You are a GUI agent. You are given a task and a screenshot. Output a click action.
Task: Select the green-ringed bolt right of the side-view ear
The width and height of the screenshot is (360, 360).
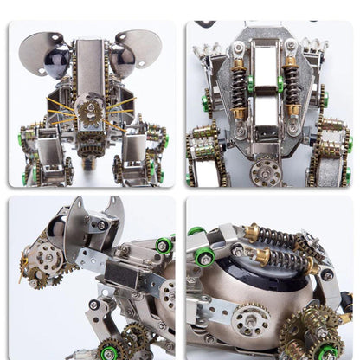point(162,246)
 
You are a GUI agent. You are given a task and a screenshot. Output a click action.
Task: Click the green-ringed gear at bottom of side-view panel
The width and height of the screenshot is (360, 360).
point(109,350)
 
